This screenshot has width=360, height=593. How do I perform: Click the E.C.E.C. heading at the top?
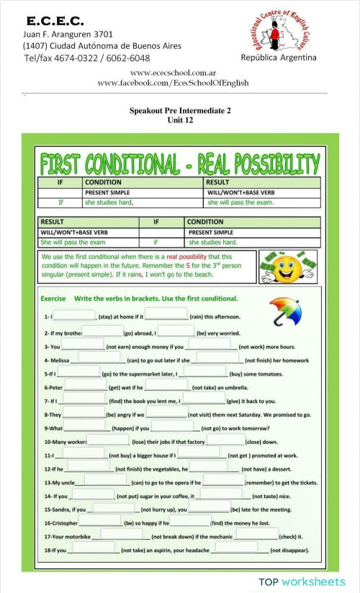[55, 21]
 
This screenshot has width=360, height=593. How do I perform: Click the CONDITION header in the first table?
[103, 183]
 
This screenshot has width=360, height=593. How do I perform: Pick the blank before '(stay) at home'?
[75, 314]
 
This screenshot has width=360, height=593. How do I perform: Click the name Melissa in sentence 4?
[59, 360]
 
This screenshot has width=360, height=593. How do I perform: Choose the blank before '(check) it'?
[256, 535]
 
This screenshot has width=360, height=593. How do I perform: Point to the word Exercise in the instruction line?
[53, 298]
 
